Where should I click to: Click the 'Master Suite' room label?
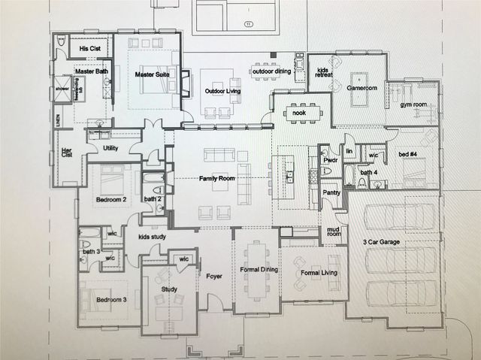[x=150, y=75]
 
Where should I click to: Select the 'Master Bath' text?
[x=92, y=71]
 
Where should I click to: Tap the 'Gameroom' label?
[x=362, y=88]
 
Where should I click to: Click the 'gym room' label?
[x=413, y=105]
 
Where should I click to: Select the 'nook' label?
[x=298, y=113]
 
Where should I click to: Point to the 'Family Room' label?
[x=218, y=179]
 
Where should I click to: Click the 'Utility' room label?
[x=110, y=149]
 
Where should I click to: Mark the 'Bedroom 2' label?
[x=110, y=200]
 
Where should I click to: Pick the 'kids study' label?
[x=153, y=237]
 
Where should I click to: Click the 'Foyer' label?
[x=214, y=276]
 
